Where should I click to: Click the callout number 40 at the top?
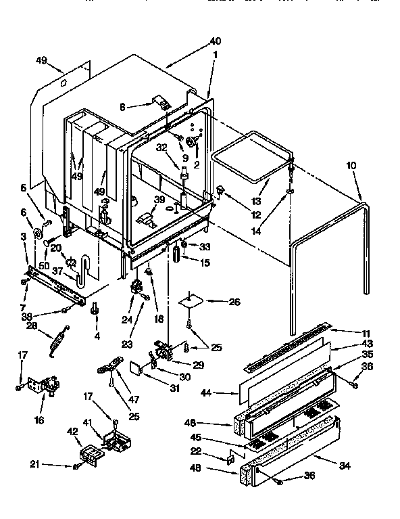pyautogui.click(x=215, y=42)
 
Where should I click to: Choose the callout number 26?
pyautogui.click(x=234, y=283)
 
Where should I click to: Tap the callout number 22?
pyautogui.click(x=214, y=452)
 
